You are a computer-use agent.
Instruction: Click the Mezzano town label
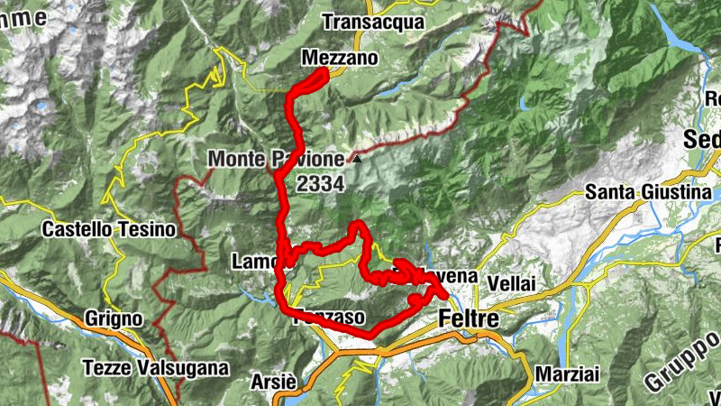(x=340, y=58)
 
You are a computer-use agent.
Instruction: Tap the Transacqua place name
(x=372, y=22)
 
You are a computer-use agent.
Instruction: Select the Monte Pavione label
(x=276, y=159)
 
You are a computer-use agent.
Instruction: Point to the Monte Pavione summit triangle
(x=358, y=159)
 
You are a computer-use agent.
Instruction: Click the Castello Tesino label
(x=108, y=230)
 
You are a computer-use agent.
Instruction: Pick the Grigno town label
(x=113, y=318)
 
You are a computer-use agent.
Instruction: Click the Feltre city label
(x=469, y=318)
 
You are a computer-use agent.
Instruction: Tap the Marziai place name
(x=565, y=373)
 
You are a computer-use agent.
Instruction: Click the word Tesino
(x=144, y=230)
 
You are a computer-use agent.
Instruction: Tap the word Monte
(x=235, y=159)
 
